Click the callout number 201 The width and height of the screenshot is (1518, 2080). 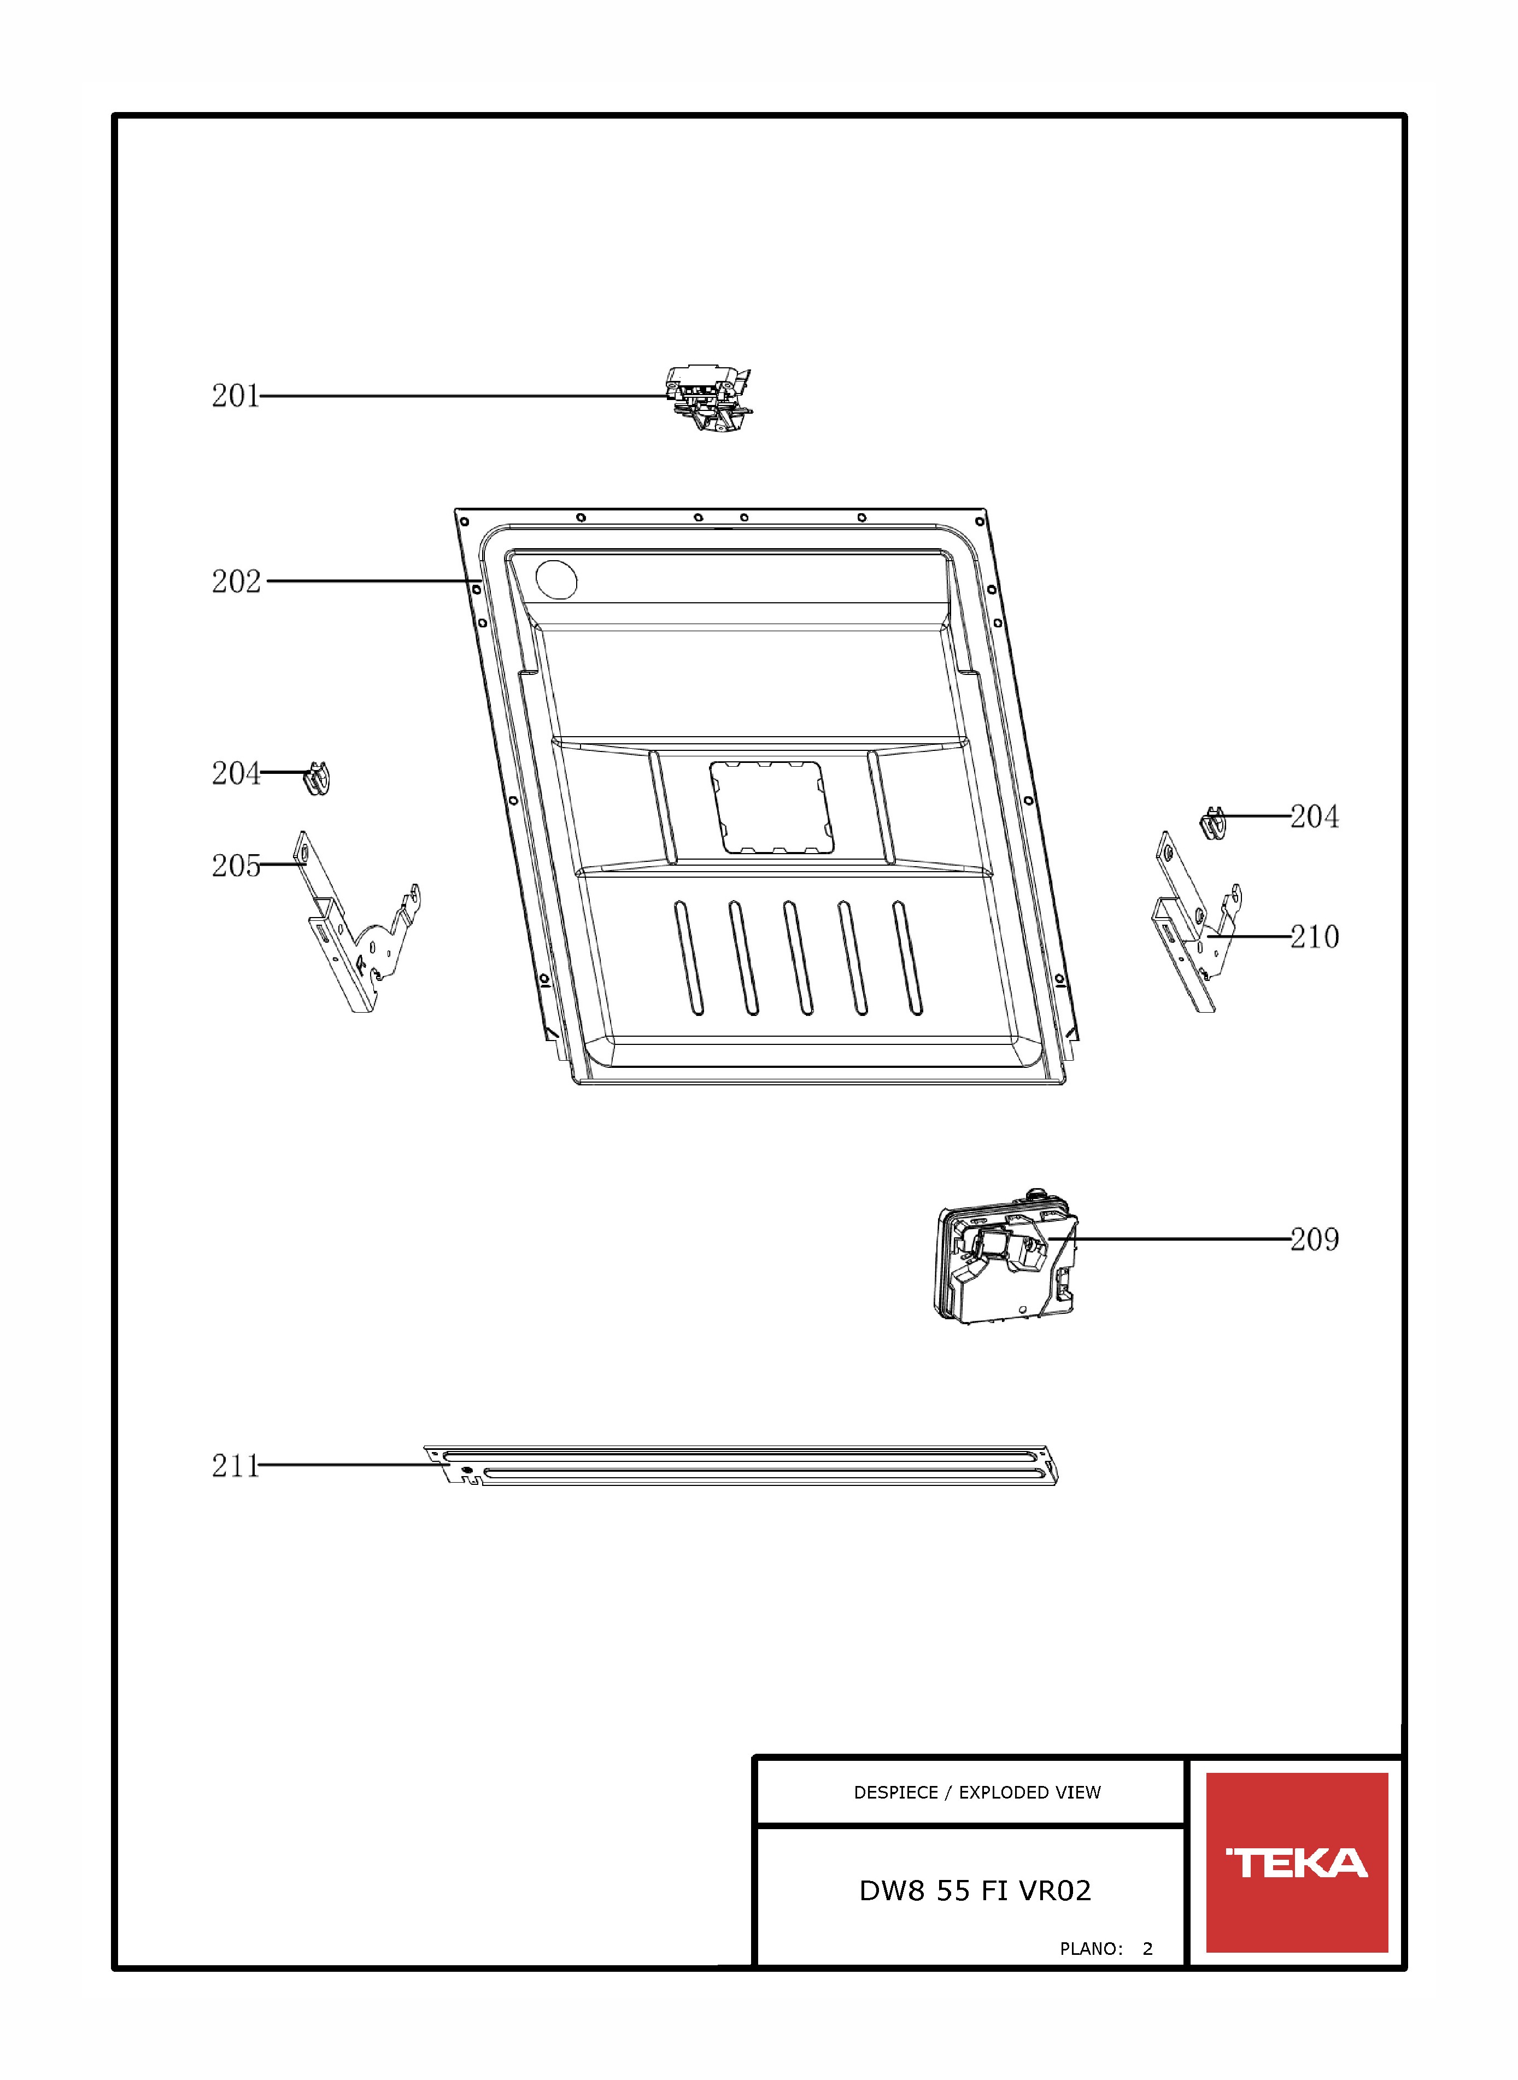235,396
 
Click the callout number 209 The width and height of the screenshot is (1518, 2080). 1315,1239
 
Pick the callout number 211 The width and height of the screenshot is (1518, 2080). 235,1465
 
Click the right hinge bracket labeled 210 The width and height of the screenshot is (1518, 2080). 1197,924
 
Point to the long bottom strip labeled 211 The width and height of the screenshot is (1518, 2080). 741,1465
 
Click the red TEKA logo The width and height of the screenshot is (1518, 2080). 1297,1863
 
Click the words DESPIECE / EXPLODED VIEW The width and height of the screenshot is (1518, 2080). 977,1793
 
